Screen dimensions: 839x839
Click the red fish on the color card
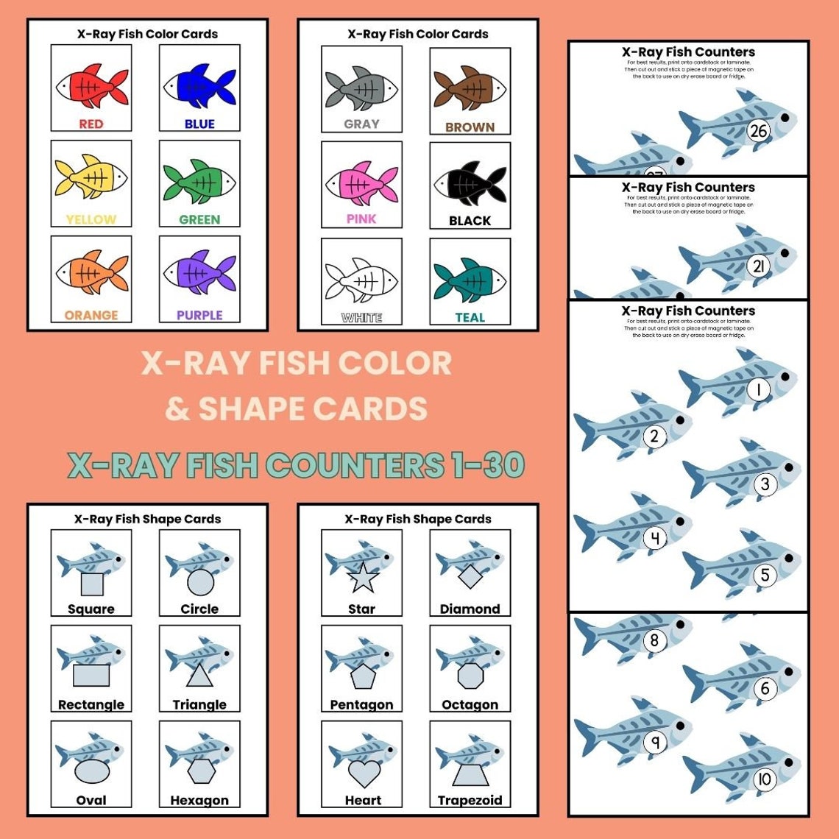[x=91, y=86]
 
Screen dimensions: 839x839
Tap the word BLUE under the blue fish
[x=199, y=124]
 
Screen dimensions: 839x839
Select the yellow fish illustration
[x=91, y=180]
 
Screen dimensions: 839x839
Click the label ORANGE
[x=91, y=316]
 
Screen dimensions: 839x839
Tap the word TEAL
[x=470, y=318]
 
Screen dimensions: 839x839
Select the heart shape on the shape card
[x=364, y=773]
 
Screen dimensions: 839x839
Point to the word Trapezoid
[x=470, y=801]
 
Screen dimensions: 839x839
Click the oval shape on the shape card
[x=92, y=772]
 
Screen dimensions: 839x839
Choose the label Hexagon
[x=199, y=801]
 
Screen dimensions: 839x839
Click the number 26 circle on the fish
[x=757, y=131]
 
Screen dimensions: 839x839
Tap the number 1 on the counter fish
[x=759, y=389]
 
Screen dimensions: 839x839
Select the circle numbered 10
[x=765, y=779]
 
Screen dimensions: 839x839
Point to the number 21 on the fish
[x=758, y=266]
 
